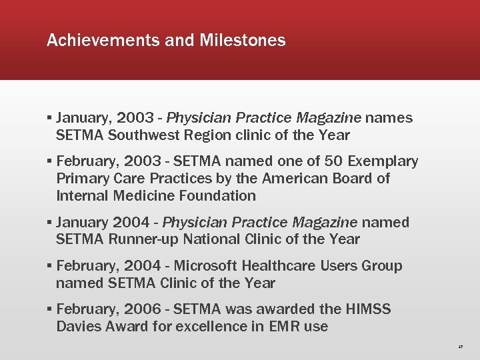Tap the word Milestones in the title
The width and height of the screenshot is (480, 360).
242,41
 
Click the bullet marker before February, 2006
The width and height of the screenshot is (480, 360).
51,310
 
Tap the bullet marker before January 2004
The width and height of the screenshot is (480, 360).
51,223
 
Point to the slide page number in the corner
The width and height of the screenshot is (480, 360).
461,347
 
